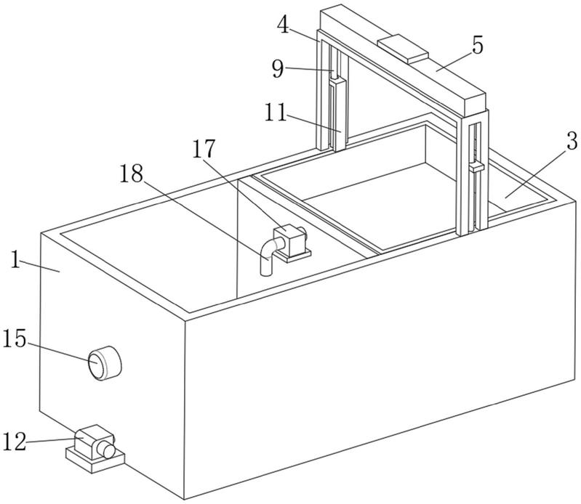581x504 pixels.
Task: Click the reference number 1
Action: (15, 260)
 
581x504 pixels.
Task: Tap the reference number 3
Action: (572, 142)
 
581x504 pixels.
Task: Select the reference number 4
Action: (284, 25)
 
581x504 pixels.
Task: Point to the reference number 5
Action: (478, 46)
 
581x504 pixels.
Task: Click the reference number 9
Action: (278, 69)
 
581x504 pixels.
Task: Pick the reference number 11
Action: (276, 113)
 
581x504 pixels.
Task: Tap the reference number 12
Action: (15, 441)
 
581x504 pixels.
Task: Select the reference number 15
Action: (15, 339)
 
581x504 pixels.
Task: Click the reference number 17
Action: (204, 148)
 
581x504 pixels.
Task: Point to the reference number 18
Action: (131, 174)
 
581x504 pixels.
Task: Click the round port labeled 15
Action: (105, 362)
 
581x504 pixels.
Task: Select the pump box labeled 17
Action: (289, 240)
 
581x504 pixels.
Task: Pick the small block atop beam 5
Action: (403, 48)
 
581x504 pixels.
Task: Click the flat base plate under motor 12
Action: (95, 459)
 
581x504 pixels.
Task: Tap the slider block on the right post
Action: (476, 167)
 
